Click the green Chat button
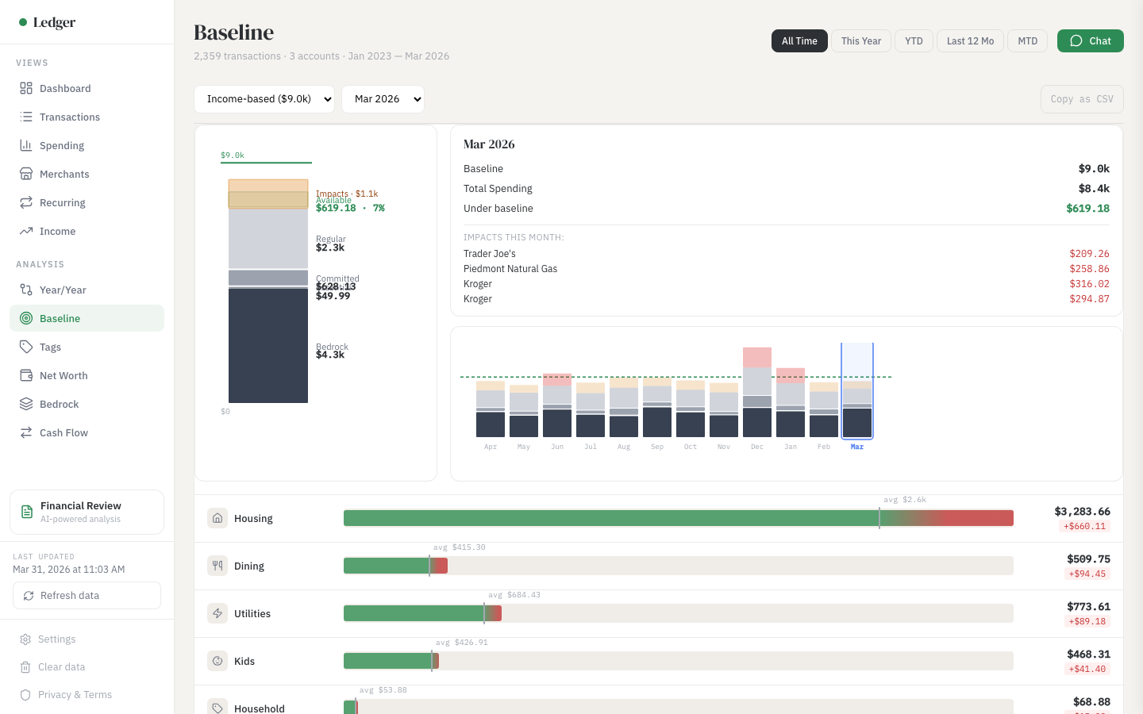tap(1090, 41)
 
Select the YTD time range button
tap(914, 41)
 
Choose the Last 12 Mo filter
tap(970, 41)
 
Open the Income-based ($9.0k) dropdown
tap(264, 99)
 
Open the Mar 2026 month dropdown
tap(383, 99)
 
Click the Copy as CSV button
tap(1081, 99)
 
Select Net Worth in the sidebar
tap(63, 376)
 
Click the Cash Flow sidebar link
tap(63, 433)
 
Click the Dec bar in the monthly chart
tap(757, 393)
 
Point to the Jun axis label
tap(557, 447)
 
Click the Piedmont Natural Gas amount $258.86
tap(1089, 269)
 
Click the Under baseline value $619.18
tap(1087, 209)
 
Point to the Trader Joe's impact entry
tap(490, 254)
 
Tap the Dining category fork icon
tap(217, 566)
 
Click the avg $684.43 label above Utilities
tap(514, 595)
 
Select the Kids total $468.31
tap(1088, 654)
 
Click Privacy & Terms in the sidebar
tap(75, 695)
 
